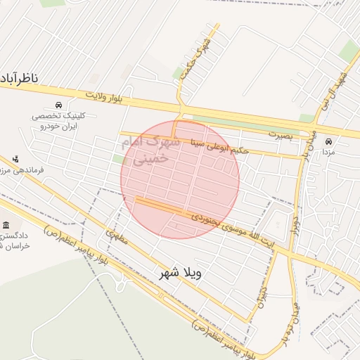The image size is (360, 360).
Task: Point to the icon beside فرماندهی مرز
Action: (x=15, y=160)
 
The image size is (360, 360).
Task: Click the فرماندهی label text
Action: (x=31, y=170)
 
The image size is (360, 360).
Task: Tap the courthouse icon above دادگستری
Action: (x=6, y=225)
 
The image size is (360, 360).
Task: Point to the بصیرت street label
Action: (x=278, y=132)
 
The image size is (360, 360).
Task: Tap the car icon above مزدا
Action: (x=328, y=141)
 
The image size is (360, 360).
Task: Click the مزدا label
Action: (x=328, y=151)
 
